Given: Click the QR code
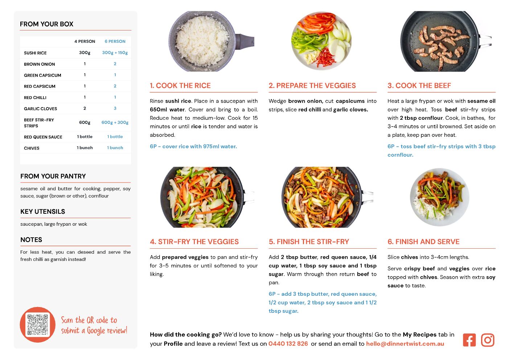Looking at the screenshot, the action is [x=38, y=324].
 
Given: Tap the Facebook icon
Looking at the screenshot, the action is [x=469, y=340].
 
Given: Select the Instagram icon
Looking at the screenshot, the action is [x=488, y=340].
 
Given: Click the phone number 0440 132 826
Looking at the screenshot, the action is [x=288, y=344].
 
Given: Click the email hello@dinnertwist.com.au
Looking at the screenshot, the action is [x=405, y=344].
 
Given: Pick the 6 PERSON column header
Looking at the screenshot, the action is [x=115, y=41].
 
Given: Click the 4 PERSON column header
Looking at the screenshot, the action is [x=85, y=41].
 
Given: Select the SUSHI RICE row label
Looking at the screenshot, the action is [x=35, y=53].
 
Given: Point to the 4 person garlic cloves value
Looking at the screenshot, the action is [x=85, y=109].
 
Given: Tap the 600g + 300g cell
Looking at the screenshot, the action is [x=115, y=123].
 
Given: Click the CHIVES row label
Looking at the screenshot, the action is [x=32, y=148].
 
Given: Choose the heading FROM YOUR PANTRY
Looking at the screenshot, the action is [x=53, y=176].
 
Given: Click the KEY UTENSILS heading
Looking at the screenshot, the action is [x=43, y=212].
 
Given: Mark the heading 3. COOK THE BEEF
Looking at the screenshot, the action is [x=419, y=86].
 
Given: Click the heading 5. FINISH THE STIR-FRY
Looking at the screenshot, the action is [x=309, y=242].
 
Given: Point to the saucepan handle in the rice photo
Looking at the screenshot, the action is [x=245, y=41].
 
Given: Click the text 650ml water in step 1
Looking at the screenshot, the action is [x=167, y=110].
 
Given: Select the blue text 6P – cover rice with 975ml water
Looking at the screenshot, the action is [x=193, y=146].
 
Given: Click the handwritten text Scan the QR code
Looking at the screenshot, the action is [x=89, y=320].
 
